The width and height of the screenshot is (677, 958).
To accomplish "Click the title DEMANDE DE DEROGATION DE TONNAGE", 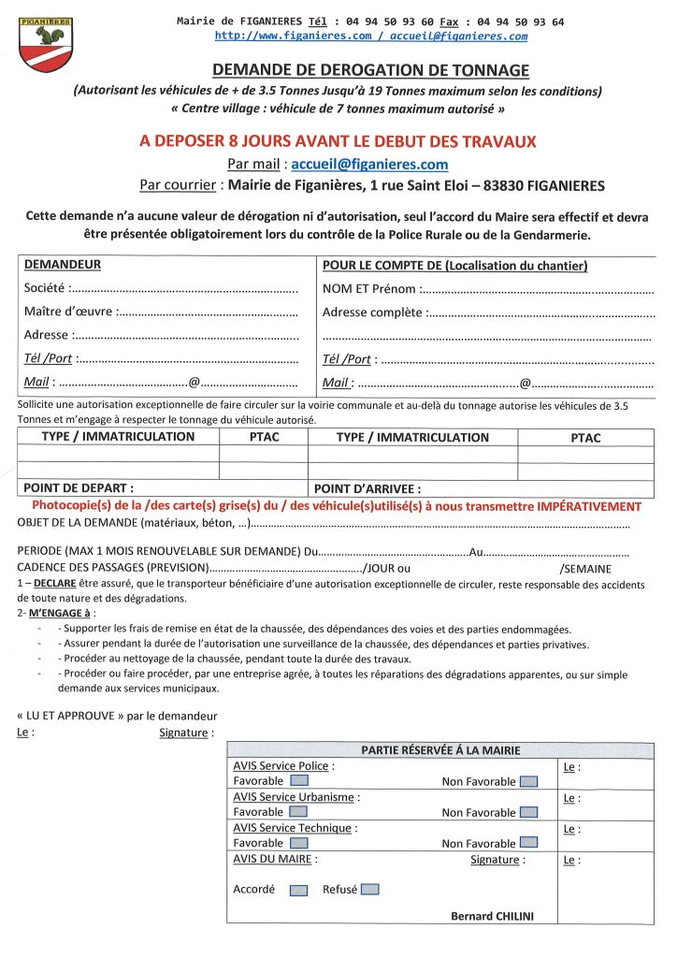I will click(x=370, y=71).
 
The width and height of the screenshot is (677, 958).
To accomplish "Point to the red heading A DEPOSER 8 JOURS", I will click(x=338, y=141).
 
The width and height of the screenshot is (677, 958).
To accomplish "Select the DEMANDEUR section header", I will click(x=63, y=265).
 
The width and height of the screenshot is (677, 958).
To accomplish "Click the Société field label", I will click(x=46, y=288).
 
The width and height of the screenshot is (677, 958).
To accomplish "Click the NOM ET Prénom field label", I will click(x=370, y=288).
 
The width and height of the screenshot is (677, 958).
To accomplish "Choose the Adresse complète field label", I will click(x=372, y=312).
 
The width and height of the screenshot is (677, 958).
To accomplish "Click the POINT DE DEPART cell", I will click(x=79, y=487).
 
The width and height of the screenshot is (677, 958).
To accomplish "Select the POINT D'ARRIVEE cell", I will click(x=367, y=488).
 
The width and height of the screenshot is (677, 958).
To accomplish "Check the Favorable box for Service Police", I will click(x=299, y=781).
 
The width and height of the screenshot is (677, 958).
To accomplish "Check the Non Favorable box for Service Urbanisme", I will click(x=528, y=813).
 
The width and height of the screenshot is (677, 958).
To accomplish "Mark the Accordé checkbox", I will click(x=298, y=891).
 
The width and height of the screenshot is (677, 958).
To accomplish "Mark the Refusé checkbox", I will click(x=369, y=890).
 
